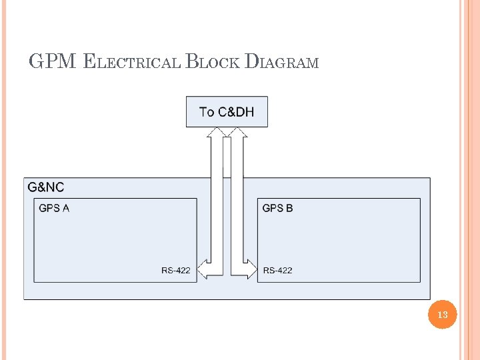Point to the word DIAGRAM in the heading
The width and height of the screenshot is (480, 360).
(x=282, y=63)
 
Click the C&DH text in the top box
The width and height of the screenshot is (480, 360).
(x=236, y=112)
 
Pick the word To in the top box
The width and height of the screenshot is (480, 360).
(x=207, y=112)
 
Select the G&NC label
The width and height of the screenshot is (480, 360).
(x=46, y=187)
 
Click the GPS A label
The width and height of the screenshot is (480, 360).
(x=54, y=208)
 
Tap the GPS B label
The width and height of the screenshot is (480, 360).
(x=277, y=208)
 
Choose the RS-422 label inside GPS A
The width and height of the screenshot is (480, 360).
(x=175, y=270)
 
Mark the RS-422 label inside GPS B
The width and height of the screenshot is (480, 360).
(x=277, y=270)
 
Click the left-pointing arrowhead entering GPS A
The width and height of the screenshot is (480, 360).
(x=204, y=269)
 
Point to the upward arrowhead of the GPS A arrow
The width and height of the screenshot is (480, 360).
(x=217, y=131)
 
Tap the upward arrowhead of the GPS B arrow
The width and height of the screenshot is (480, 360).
(x=237, y=131)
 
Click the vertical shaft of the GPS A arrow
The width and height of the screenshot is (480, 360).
(x=217, y=200)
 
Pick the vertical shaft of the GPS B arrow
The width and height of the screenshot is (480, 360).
(x=237, y=200)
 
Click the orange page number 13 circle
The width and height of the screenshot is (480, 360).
(x=443, y=314)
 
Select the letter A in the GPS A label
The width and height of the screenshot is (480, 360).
(x=65, y=208)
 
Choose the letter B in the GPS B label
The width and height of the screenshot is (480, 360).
(x=289, y=208)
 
